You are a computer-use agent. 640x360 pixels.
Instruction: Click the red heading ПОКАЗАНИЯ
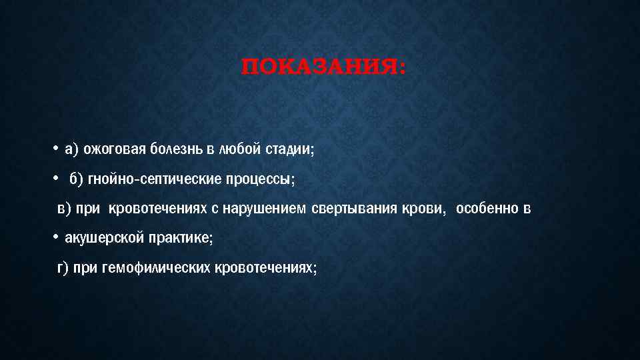point(323,68)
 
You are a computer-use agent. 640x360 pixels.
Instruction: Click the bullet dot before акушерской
point(56,238)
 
